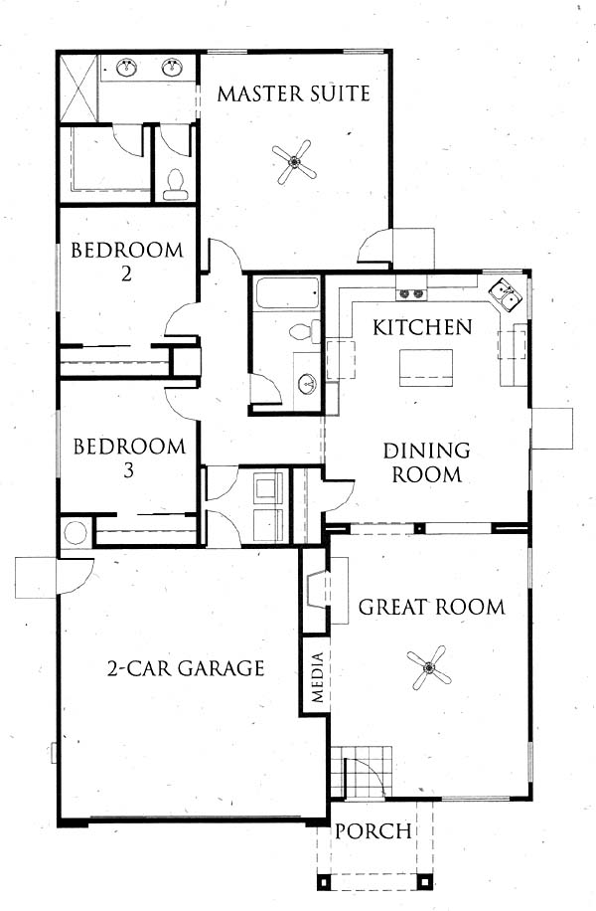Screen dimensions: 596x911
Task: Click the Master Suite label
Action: click(x=294, y=93)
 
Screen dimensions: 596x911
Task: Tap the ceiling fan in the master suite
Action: click(x=295, y=161)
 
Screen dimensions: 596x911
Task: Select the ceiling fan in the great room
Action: click(x=429, y=667)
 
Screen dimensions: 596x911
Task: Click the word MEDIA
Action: click(x=317, y=677)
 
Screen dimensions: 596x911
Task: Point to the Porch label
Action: click(x=373, y=830)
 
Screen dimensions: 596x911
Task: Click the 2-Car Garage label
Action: click(x=186, y=668)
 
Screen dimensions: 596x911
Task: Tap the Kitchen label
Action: click(x=422, y=327)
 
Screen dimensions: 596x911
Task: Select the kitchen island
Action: click(x=426, y=368)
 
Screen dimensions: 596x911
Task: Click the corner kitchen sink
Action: click(x=505, y=294)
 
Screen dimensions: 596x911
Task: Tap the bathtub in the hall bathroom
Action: click(x=287, y=293)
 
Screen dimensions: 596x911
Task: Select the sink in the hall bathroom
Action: click(x=307, y=383)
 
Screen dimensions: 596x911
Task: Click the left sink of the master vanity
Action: click(x=127, y=68)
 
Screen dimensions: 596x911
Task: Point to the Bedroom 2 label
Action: click(x=126, y=262)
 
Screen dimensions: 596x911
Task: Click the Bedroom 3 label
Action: click(x=129, y=457)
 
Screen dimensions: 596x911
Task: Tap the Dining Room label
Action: click(x=426, y=462)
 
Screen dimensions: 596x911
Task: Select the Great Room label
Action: click(x=432, y=607)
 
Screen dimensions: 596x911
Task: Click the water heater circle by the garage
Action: click(x=74, y=533)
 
